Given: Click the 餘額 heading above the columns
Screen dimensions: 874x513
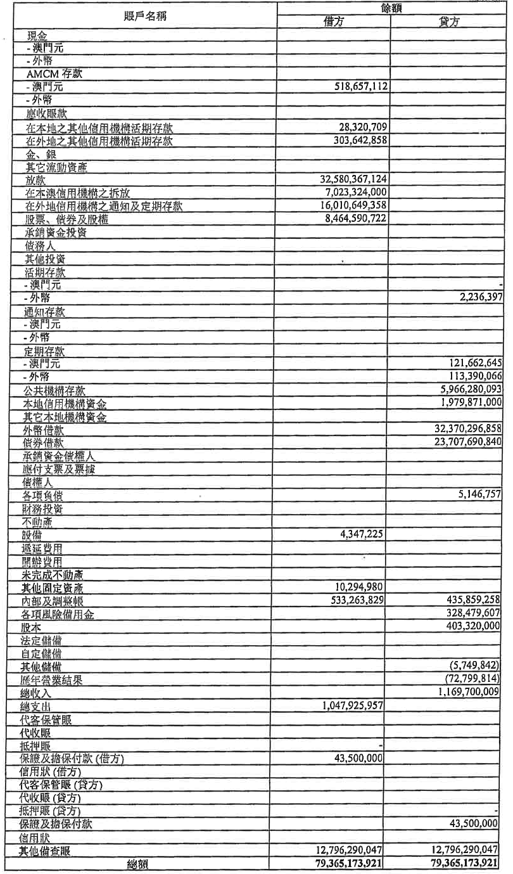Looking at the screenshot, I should pyautogui.click(x=390, y=7).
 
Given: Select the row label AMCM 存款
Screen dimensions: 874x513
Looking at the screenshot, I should pyautogui.click(x=54, y=74).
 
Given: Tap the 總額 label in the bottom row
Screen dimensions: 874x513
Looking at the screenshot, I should pyautogui.click(x=138, y=864).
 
